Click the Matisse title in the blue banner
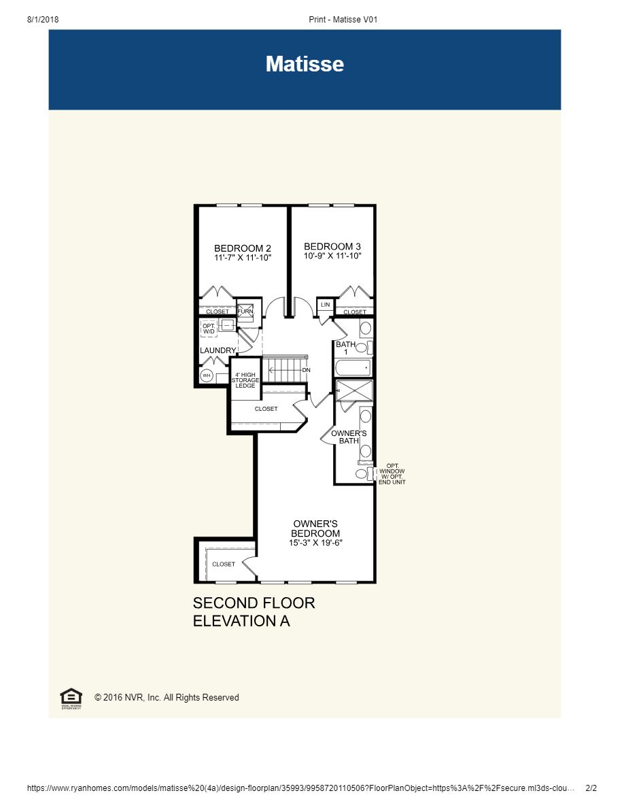point(305,64)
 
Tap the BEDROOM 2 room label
point(243,248)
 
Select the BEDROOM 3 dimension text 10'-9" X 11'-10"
point(332,256)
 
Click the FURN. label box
point(245,311)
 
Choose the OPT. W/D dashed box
point(209,329)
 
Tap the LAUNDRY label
point(218,350)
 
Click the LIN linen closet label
point(325,305)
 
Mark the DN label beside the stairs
point(307,370)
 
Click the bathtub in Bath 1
point(353,368)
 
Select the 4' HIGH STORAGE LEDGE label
point(245,380)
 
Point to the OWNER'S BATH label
point(349,437)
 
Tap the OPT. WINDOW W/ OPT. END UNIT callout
point(392,474)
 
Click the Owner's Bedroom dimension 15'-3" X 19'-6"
point(315,543)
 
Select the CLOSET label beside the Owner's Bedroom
point(224,564)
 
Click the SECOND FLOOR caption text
point(254,603)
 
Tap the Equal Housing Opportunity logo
point(71,698)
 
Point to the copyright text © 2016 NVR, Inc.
point(167,698)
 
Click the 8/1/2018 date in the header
point(43,20)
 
